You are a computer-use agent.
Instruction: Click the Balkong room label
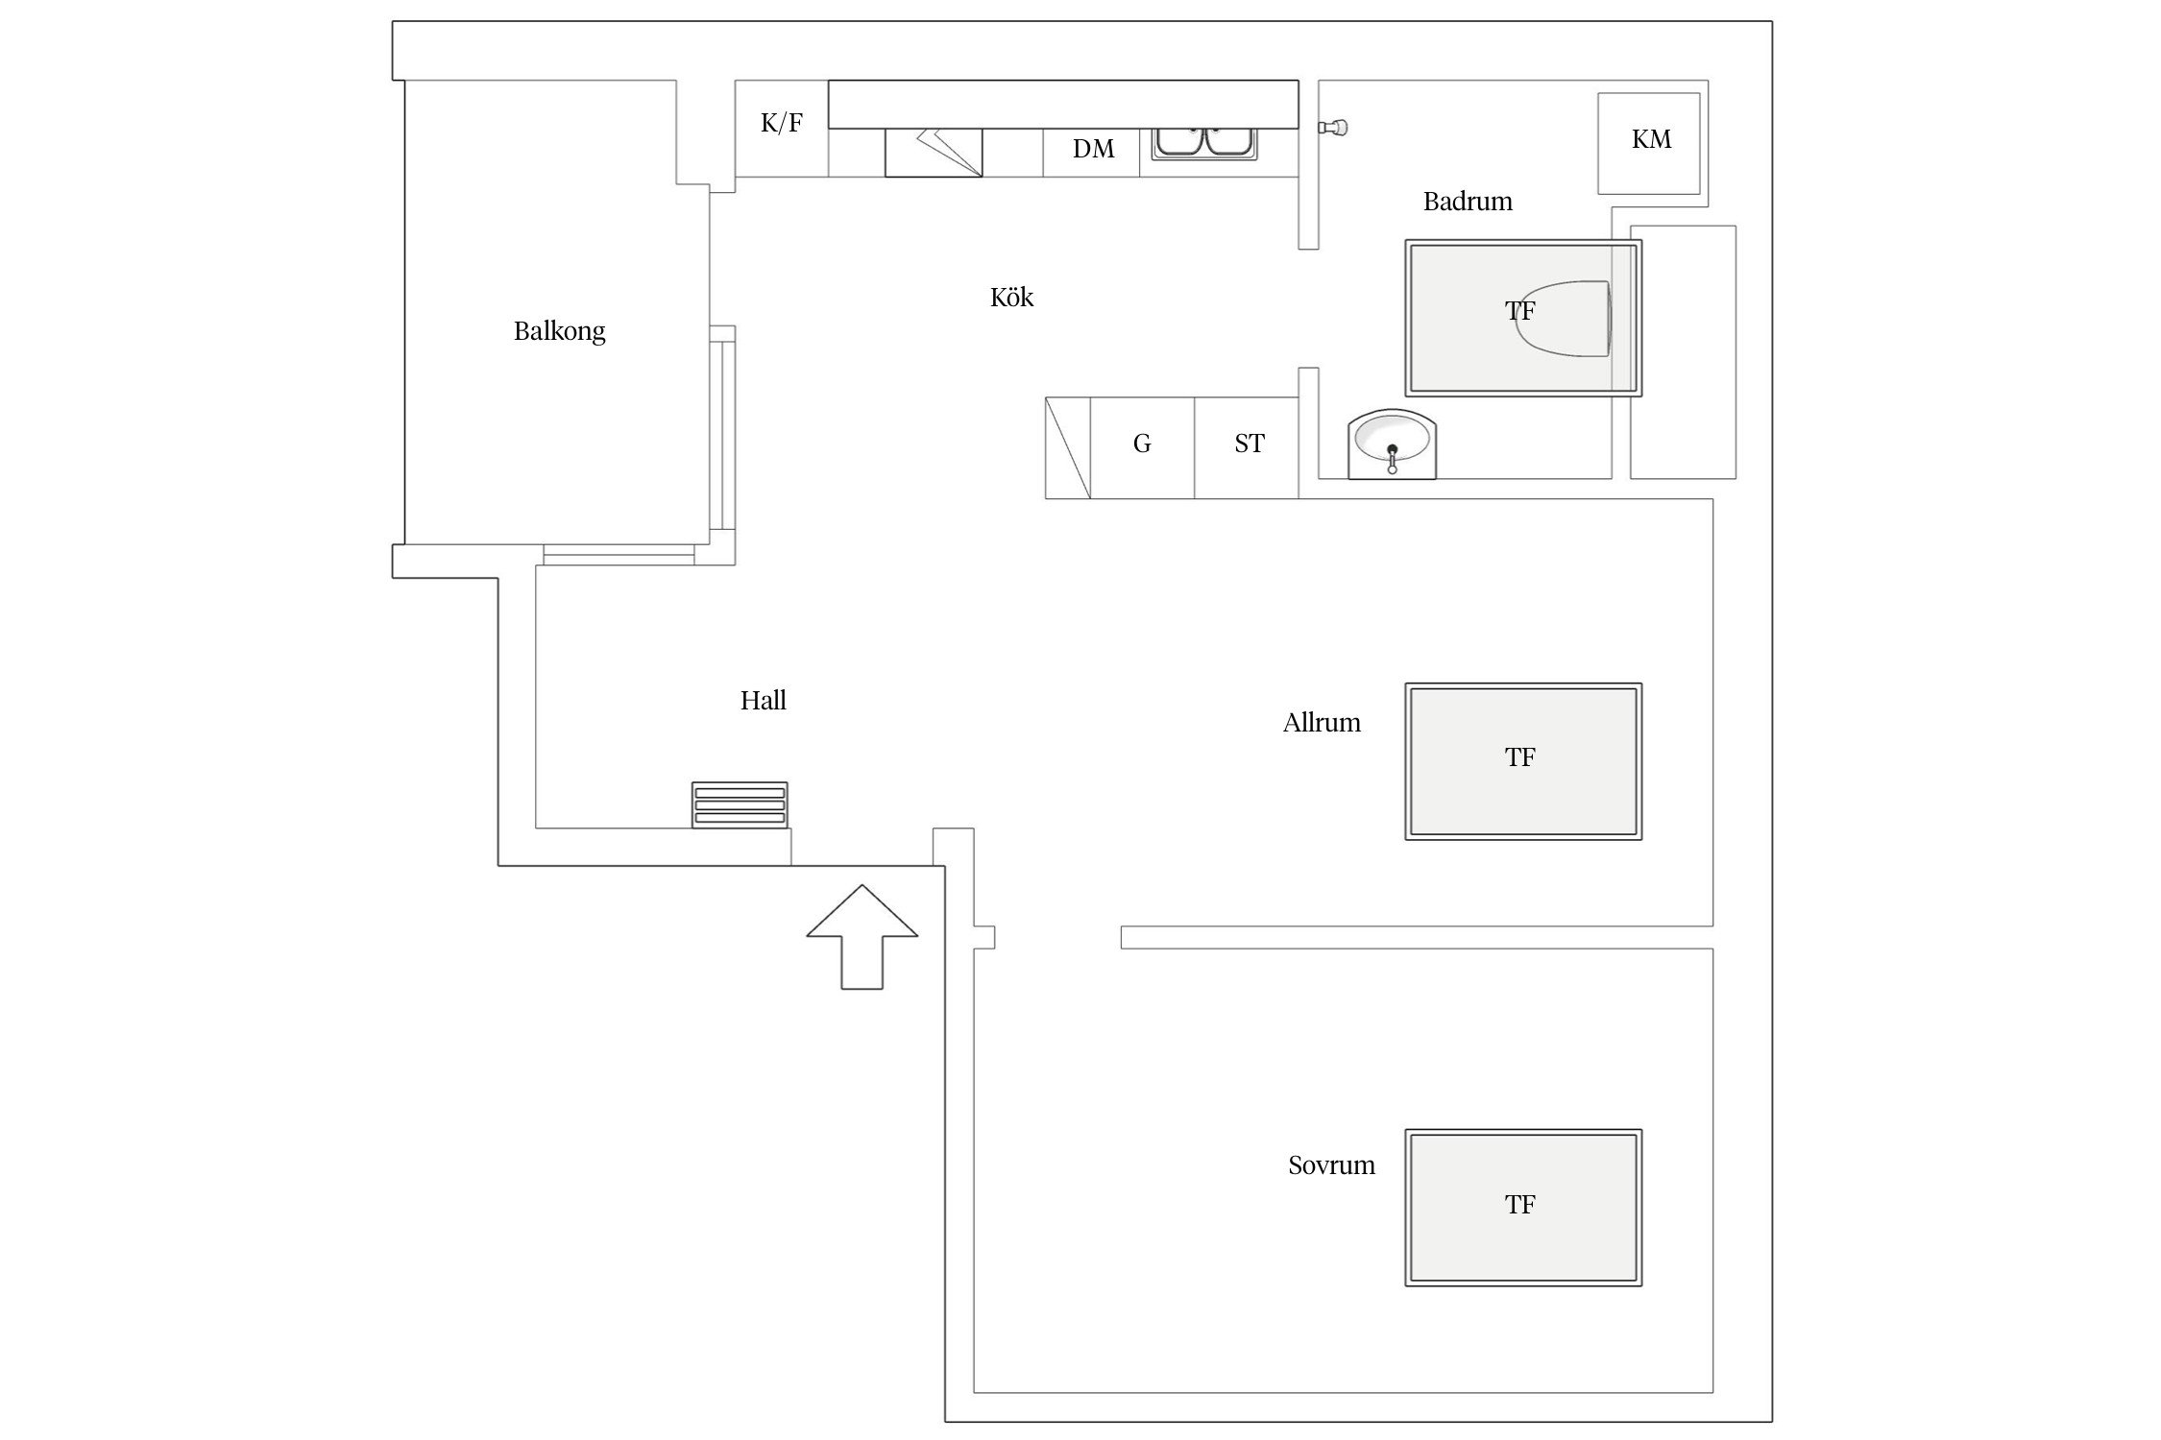pos(559,331)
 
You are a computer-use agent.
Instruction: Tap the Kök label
pos(1011,297)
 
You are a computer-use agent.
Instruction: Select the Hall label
pos(763,700)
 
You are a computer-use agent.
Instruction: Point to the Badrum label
pos(1468,201)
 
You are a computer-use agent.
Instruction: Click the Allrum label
pos(1322,722)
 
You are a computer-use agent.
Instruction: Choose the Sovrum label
pos(1331,1164)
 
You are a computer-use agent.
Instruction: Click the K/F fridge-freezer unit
pos(782,129)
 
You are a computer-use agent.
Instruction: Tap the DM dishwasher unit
pos(1092,153)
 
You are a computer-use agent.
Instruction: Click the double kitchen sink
pos(1204,143)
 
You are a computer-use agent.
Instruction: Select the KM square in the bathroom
pos(1649,143)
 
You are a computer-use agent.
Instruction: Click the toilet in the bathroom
pos(1563,319)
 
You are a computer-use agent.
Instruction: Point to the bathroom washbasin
pos(1392,444)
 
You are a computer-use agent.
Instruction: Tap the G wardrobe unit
pos(1142,448)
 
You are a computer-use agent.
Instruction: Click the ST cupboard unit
pos(1247,448)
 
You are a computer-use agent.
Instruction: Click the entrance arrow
pos(862,936)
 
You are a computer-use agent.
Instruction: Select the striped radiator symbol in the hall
pos(740,804)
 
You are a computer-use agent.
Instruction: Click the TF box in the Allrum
pos(1523,761)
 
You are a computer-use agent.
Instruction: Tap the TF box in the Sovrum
pos(1523,1208)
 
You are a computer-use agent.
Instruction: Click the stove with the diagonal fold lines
pos(934,153)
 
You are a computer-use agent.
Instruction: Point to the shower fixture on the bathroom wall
pos(1333,127)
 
